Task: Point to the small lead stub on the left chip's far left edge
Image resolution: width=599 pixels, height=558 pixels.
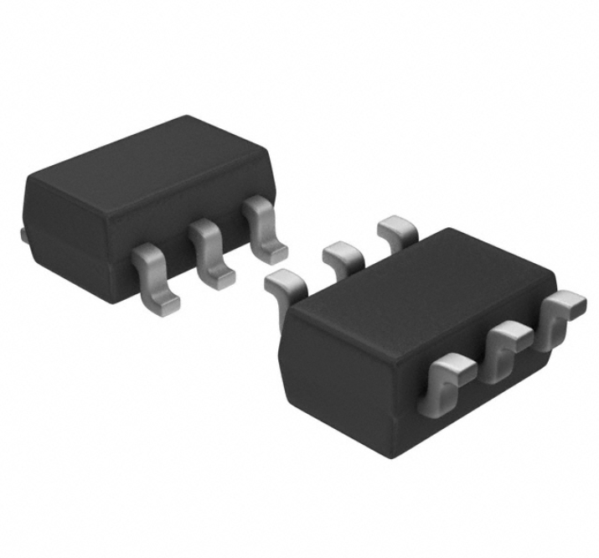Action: coord(22,234)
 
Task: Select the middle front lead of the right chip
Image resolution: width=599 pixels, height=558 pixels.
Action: coord(507,344)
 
